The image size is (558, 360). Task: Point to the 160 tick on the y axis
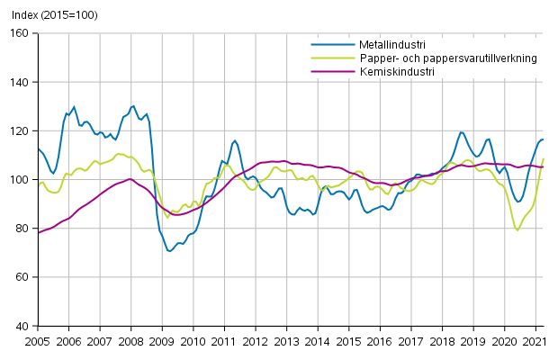(20, 33)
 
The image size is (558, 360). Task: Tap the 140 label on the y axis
(20, 82)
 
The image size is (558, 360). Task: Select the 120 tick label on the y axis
(20, 130)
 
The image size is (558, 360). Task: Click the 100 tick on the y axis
(20, 180)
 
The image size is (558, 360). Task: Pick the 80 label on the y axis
(22, 229)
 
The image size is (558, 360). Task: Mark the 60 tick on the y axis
(22, 277)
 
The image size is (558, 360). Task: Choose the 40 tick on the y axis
(22, 326)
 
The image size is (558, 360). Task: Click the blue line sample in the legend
(328, 44)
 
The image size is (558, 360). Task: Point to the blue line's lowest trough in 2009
(169, 251)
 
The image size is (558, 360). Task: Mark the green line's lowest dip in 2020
(517, 230)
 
